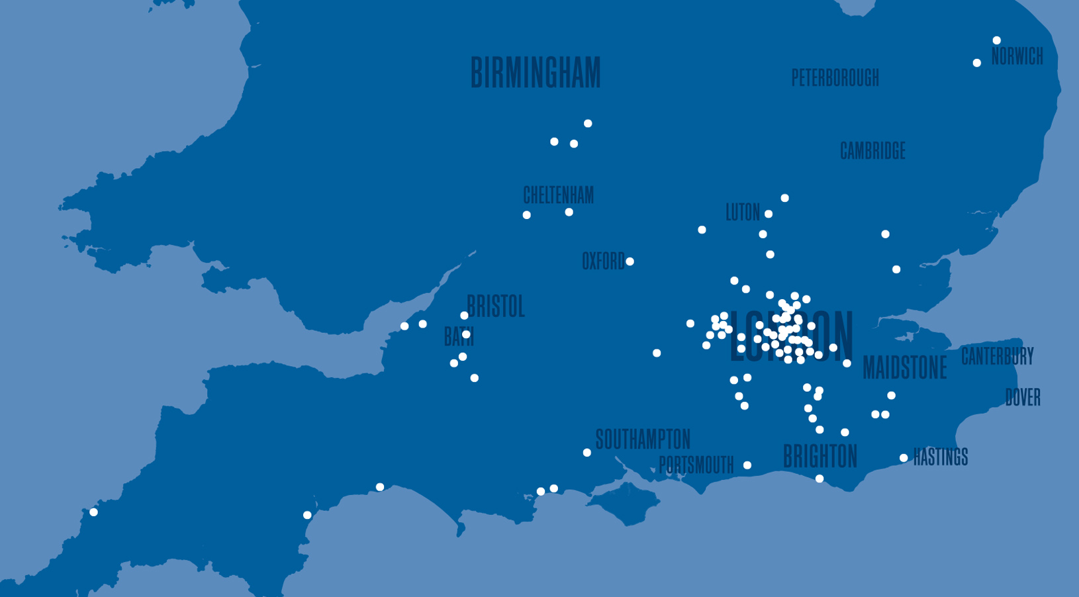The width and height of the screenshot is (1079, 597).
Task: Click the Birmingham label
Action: (536, 73)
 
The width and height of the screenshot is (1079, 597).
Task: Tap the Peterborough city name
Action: (835, 78)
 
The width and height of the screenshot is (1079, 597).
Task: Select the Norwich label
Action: (1017, 57)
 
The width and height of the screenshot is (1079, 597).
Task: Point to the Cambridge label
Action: (872, 151)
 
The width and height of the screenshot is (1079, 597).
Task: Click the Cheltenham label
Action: (558, 195)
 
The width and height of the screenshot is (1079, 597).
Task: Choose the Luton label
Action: (743, 212)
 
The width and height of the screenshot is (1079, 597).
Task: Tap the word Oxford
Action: (602, 261)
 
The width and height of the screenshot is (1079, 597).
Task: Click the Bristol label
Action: (496, 306)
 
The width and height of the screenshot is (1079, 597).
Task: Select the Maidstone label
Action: (904, 368)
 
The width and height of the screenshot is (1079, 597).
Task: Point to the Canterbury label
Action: (997, 356)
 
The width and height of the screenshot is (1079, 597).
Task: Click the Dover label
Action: (1023, 397)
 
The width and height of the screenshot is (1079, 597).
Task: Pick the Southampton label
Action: (643, 439)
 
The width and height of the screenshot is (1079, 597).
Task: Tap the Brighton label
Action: (820, 456)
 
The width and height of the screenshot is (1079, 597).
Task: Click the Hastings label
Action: (940, 457)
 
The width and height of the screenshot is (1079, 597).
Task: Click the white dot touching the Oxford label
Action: (630, 261)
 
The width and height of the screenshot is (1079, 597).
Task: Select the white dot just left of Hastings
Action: (904, 458)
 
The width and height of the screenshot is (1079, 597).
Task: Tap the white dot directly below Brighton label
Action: (820, 479)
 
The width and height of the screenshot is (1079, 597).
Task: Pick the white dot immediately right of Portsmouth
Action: (747, 465)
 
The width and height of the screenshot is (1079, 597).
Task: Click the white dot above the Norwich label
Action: (996, 40)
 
